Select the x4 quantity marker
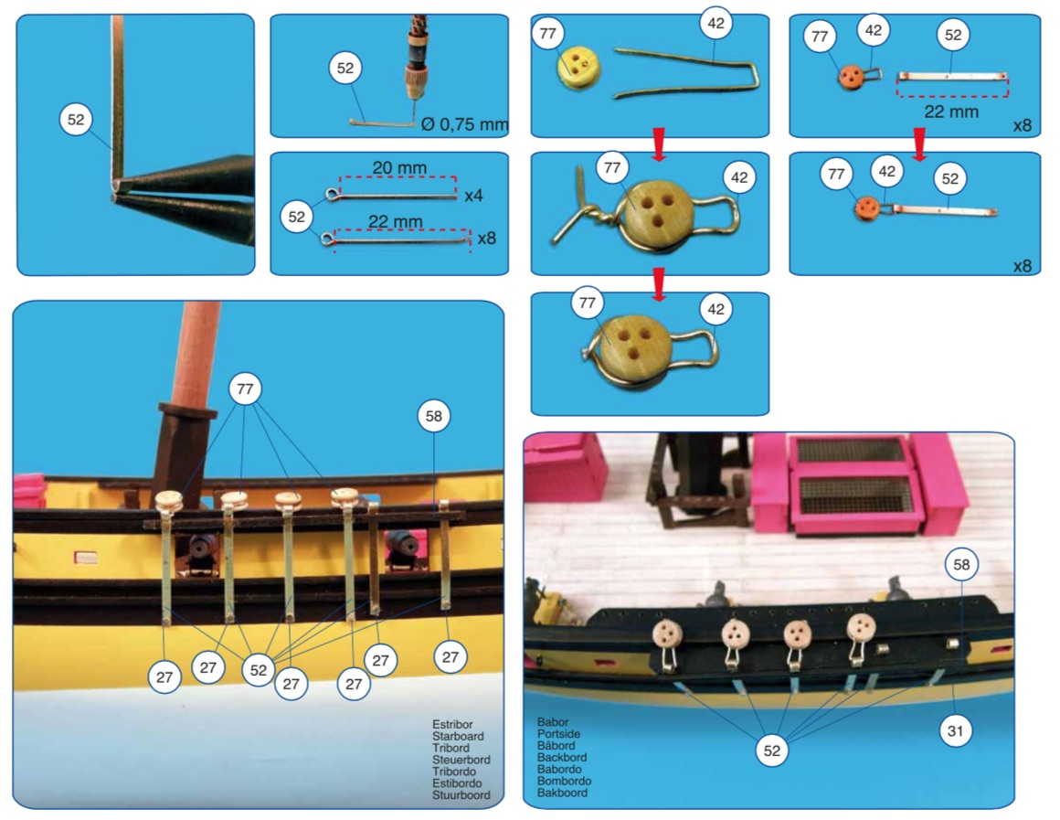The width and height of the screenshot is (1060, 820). pos(473,195)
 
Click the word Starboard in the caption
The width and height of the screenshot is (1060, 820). pos(458,736)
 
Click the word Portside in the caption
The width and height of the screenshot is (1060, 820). pos(560,734)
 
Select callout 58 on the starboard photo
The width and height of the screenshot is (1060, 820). pos(433,417)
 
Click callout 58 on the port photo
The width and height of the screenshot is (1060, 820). pos(961,565)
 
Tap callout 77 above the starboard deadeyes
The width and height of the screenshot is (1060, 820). pos(244,389)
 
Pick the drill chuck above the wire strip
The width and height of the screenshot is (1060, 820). pos(417,64)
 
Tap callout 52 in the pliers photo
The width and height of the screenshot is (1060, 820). pos(76,119)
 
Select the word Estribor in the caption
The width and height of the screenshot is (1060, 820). pos(452,724)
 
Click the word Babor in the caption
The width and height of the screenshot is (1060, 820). pos(554,722)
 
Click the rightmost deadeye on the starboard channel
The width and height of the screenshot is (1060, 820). pos(344,497)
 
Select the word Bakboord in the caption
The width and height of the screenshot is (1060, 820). pos(562,793)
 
